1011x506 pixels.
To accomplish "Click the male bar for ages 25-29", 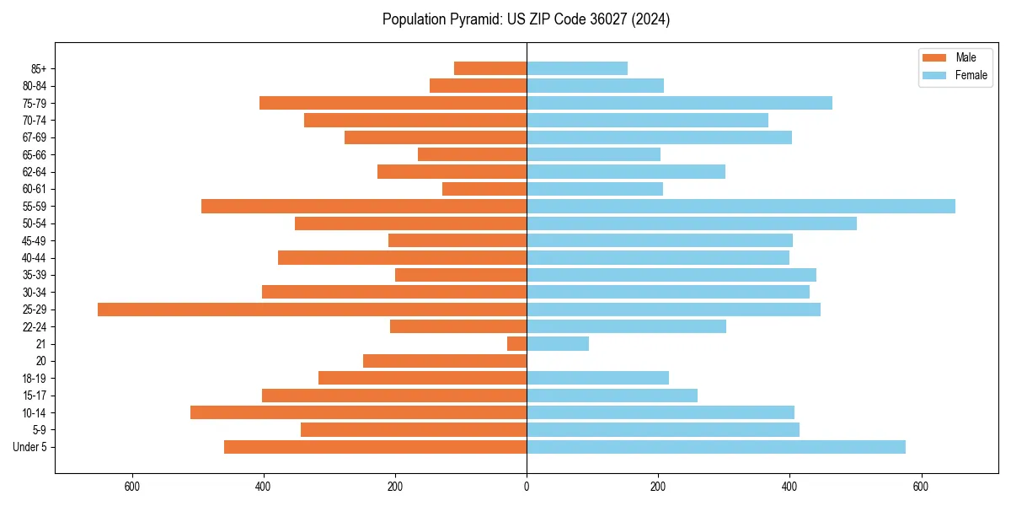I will [312, 310].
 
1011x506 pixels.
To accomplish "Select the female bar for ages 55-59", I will [741, 207].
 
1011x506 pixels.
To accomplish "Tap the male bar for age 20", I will [445, 361].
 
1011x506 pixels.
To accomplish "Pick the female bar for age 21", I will [558, 344].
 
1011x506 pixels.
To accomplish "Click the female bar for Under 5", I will [716, 447].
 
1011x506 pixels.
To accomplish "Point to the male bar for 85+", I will [490, 68].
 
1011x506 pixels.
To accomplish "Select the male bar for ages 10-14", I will [358, 412].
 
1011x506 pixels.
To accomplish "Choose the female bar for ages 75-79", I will [679, 103].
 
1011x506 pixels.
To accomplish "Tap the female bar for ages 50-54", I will [692, 223].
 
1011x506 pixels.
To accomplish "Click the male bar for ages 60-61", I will [484, 189].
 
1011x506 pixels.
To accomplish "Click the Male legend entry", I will [966, 57].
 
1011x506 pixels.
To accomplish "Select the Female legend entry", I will [971, 75].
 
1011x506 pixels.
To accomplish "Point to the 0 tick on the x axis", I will [527, 487].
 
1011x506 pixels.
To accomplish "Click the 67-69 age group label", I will [35, 137].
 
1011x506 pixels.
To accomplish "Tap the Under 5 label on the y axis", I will [29, 447].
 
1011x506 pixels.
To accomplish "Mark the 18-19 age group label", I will [35, 379].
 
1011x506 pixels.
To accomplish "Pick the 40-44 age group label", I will [35, 258].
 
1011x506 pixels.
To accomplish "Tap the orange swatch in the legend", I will [934, 57].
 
